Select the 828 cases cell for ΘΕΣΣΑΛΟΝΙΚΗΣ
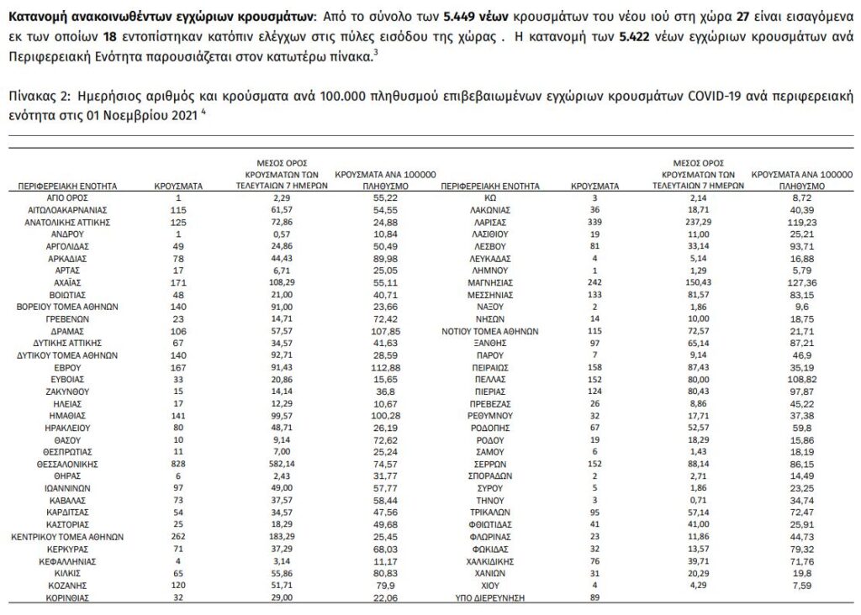(177, 463)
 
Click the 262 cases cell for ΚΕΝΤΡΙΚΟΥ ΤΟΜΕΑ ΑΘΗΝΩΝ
(177, 535)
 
